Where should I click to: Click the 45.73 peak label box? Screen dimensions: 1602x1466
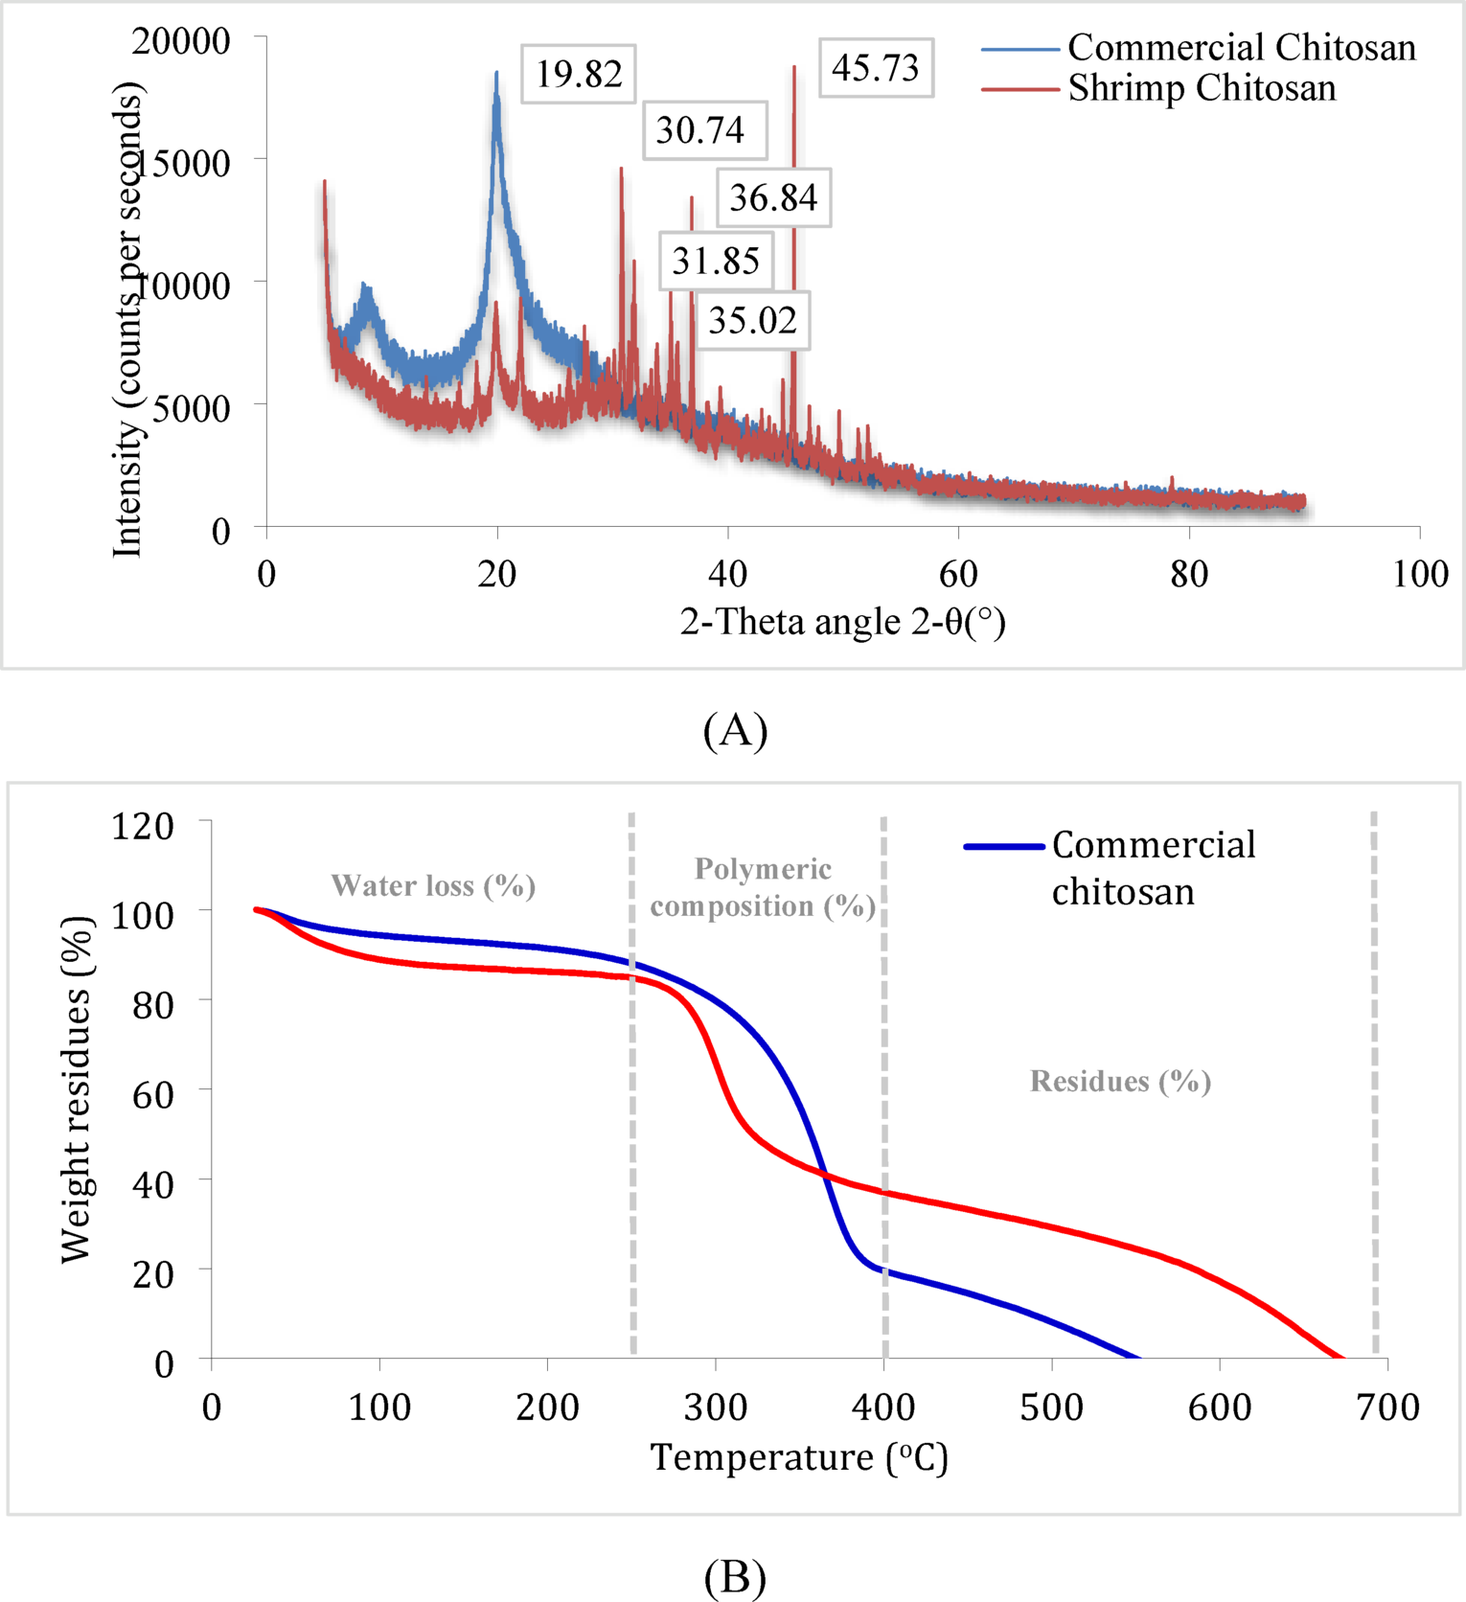coord(876,68)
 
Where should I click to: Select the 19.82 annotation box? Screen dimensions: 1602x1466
coord(579,74)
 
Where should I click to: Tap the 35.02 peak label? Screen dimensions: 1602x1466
coord(752,320)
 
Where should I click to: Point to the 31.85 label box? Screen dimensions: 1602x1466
coord(716,261)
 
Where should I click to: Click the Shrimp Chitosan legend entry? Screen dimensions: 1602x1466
coord(1202,88)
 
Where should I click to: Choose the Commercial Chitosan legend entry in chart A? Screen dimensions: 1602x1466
coord(1241,47)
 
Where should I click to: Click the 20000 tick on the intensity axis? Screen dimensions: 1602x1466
coord(181,40)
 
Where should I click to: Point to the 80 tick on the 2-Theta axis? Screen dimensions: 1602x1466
coord(1189,574)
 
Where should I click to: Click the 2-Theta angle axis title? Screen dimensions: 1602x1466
coord(842,622)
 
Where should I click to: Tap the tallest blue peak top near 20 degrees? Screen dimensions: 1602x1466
coord(496,73)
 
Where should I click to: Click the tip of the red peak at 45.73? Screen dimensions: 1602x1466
coord(794,67)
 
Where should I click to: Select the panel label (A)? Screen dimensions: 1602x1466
coord(735,731)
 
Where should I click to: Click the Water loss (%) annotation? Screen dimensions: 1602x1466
coord(433,885)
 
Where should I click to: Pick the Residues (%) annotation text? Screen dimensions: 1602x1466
coord(1120,1081)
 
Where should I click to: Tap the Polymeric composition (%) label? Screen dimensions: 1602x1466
coord(763,887)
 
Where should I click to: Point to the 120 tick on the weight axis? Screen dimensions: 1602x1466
coord(143,826)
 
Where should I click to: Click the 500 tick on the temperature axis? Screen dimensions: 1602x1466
coord(1052,1407)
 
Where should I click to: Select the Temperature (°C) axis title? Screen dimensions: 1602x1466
coord(799,1457)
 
